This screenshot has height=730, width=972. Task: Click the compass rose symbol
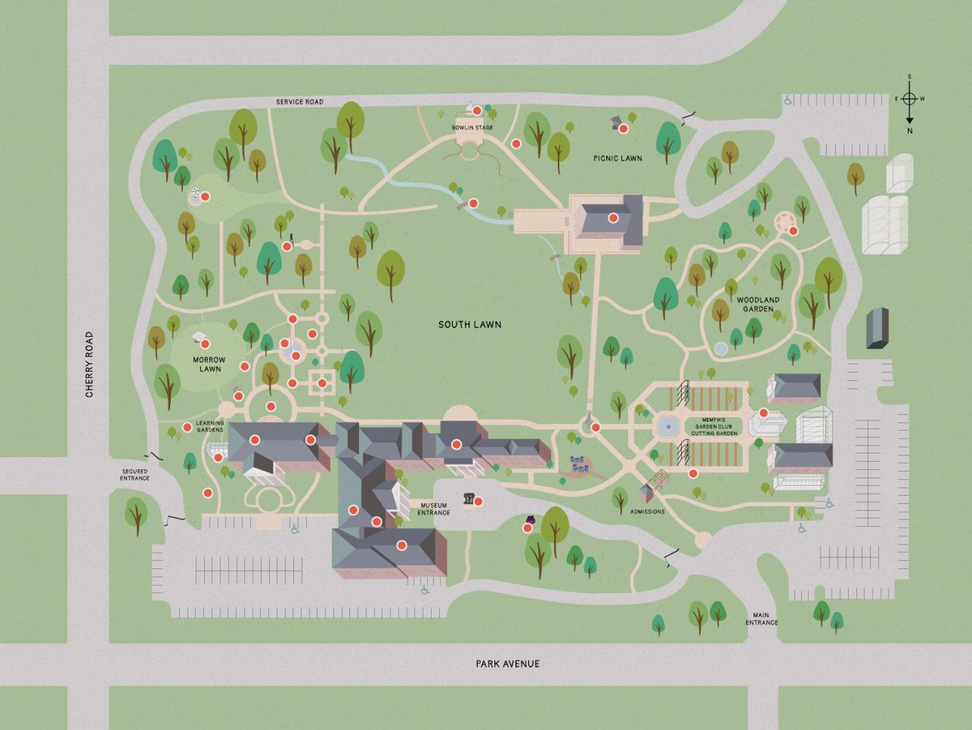(910, 99)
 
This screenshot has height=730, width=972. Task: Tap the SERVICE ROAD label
(299, 102)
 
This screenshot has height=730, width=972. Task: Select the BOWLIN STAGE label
(472, 128)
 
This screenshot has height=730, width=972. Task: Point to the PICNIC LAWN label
(617, 158)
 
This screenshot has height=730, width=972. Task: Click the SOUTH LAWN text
(470, 325)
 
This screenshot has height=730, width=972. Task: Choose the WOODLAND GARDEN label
(757, 305)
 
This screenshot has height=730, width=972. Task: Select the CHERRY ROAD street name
(90, 365)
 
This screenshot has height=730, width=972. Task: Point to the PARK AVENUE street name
(507, 664)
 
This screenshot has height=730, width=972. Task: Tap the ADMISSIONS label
(647, 511)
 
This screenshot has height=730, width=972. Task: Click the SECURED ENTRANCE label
(135, 475)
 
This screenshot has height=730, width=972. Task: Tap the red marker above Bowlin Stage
(477, 110)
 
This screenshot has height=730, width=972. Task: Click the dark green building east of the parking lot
(876, 328)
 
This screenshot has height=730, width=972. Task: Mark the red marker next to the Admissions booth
(693, 473)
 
